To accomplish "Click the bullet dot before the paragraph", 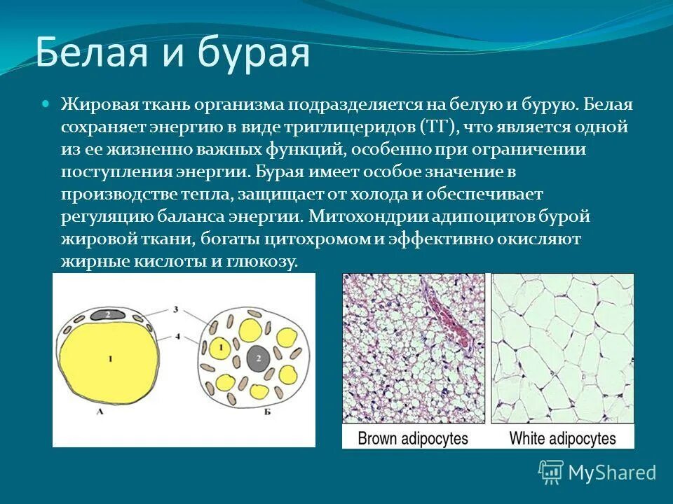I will pos(47,103).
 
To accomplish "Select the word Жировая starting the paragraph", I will pos(93,105).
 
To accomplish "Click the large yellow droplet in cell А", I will pos(110,358).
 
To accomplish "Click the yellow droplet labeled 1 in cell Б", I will pos(221,347).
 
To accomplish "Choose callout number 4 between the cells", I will pos(177,336).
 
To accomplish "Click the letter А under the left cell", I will pos(99,412).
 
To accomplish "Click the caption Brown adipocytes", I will pos(412,438).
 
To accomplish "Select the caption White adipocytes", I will pos(562,438).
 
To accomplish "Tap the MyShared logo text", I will pos(611,472).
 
